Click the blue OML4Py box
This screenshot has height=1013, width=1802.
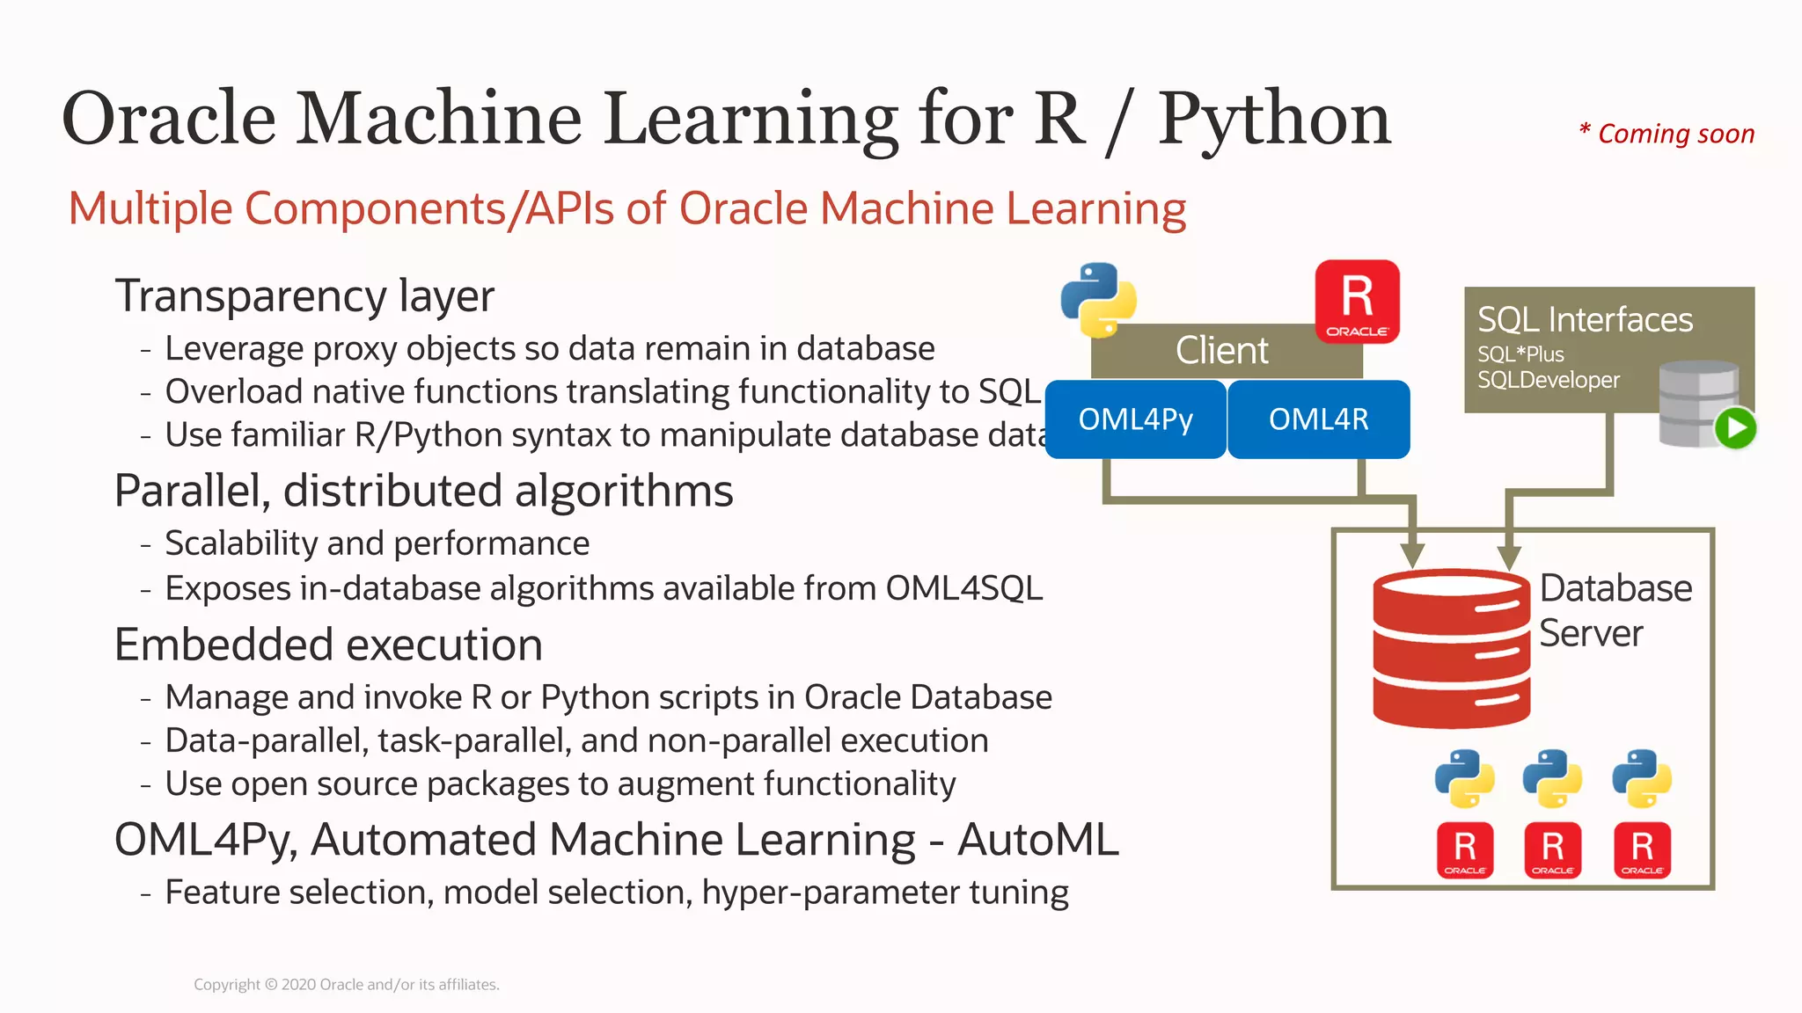click(x=1135, y=419)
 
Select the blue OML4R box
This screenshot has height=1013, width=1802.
click(x=1318, y=419)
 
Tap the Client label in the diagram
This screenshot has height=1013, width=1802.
click(x=1221, y=351)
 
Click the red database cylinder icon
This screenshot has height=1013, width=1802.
click(x=1451, y=649)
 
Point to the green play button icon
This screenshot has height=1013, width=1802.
click(x=1735, y=429)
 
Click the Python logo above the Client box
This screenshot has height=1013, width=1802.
click(x=1098, y=300)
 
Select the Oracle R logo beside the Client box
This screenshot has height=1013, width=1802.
click(x=1357, y=301)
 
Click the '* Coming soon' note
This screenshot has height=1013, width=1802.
click(x=1666, y=134)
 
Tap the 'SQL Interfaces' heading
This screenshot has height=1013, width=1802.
click(x=1585, y=319)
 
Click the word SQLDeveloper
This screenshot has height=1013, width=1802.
click(x=1548, y=380)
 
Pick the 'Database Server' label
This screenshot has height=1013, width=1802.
click(x=1615, y=610)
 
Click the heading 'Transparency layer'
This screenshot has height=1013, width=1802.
click(x=304, y=295)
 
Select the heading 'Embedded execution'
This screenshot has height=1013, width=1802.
click(x=328, y=645)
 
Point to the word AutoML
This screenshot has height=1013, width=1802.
click(x=1038, y=839)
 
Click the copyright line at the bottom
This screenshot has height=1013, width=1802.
click(x=347, y=985)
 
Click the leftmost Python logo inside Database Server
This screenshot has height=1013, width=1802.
click(x=1464, y=778)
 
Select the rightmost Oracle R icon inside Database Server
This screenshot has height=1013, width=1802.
click(x=1642, y=849)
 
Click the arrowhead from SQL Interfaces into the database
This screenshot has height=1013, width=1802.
click(x=1509, y=558)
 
